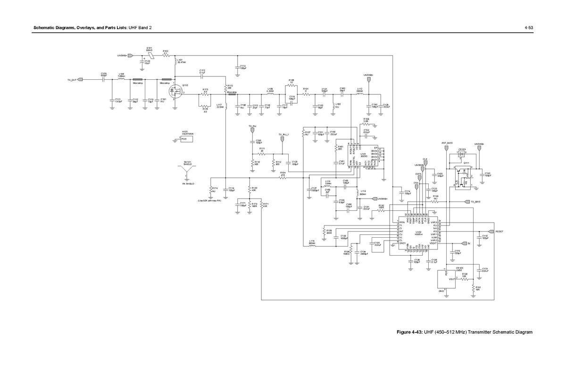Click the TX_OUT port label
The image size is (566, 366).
pyautogui.click(x=72, y=80)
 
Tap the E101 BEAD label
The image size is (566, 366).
pyautogui.click(x=149, y=49)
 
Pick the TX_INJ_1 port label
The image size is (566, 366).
pyautogui.click(x=283, y=134)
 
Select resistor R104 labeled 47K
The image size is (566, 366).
pyautogui.click(x=283, y=178)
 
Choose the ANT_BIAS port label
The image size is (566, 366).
pyautogui.click(x=447, y=142)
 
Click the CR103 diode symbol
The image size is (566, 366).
pyautogui.click(x=461, y=153)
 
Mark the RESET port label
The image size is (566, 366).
pyautogui.click(x=499, y=232)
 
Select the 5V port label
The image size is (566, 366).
pyautogui.click(x=469, y=243)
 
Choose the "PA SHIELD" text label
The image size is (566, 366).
pyautogui.click(x=188, y=183)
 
